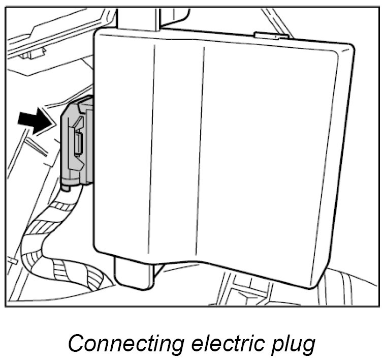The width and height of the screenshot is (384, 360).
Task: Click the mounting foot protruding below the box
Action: [x=133, y=275]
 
